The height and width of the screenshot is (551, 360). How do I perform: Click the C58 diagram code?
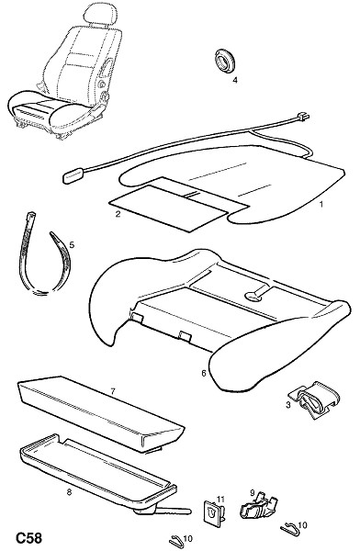tap(28, 538)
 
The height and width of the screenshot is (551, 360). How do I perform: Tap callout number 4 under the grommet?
tap(235, 80)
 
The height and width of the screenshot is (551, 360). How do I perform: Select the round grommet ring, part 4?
tap(224, 62)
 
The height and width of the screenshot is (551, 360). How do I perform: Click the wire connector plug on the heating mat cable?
tap(303, 117)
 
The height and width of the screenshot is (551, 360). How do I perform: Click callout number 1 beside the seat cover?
tap(321, 204)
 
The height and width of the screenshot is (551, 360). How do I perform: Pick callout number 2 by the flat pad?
tap(118, 214)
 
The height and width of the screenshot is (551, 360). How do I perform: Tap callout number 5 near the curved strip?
tap(72, 244)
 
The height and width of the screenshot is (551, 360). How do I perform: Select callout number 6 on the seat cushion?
tap(204, 373)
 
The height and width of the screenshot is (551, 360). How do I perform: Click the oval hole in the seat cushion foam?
tap(253, 297)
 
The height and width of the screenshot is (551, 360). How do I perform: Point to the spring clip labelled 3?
tap(315, 400)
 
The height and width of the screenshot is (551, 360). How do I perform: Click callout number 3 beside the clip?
tap(288, 405)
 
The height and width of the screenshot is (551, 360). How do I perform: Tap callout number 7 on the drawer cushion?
tap(112, 391)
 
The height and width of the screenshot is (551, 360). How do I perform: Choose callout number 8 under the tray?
tap(69, 492)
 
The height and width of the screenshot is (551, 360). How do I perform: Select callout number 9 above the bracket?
tap(252, 493)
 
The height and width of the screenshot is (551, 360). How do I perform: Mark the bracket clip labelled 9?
tap(259, 508)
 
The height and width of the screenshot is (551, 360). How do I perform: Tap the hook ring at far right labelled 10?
tap(289, 528)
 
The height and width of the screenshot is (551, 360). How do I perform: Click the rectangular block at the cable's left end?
tap(73, 175)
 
